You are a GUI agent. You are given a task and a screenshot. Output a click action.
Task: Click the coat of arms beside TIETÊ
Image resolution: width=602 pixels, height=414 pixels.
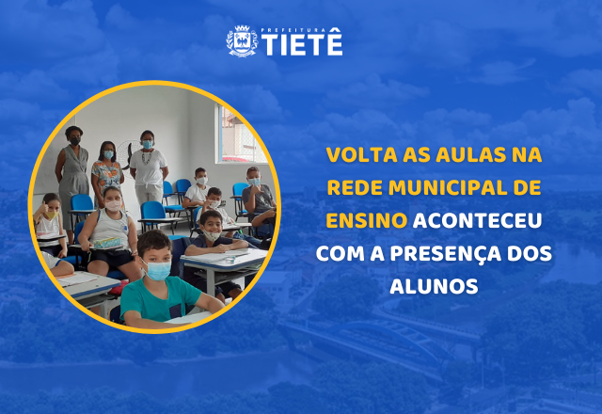click(x=242, y=41)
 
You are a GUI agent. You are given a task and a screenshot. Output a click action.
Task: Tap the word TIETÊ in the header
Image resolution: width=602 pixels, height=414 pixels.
click(x=302, y=45)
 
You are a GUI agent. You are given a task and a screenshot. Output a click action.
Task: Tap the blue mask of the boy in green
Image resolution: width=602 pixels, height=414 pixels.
click(x=157, y=270)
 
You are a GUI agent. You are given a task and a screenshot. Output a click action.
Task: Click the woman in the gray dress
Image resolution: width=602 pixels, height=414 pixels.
click(x=72, y=174)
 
